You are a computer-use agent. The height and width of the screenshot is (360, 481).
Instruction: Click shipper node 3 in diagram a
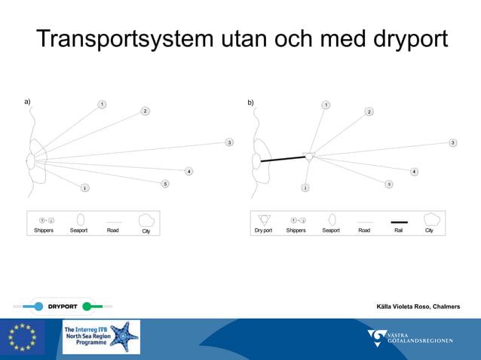(229, 142)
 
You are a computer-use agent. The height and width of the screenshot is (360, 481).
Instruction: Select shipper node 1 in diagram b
(326, 105)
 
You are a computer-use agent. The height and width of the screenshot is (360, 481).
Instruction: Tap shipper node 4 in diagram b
(414, 172)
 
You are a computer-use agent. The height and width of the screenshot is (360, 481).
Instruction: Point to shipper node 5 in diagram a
(165, 184)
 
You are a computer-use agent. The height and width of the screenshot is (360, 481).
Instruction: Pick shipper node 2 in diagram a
(145, 111)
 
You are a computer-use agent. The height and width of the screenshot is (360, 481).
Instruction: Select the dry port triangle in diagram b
(309, 156)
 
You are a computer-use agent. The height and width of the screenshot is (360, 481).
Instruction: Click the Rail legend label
(399, 230)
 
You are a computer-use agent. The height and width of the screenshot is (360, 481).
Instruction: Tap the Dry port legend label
(263, 230)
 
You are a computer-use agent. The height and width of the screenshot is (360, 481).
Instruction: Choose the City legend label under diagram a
(146, 230)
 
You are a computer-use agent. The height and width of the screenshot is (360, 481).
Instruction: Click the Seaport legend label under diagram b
(331, 230)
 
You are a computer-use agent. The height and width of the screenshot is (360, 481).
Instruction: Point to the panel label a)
(27, 101)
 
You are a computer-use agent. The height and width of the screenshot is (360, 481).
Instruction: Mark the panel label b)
(251, 102)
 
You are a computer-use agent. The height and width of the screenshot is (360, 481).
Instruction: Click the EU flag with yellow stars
(22, 337)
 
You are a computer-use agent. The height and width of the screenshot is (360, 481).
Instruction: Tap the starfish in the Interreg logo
(124, 337)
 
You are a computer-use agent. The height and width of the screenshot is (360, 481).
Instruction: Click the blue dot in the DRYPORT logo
(38, 307)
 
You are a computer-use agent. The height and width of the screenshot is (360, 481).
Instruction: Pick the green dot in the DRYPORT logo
(87, 307)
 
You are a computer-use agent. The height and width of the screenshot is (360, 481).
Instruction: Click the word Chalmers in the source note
(446, 307)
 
